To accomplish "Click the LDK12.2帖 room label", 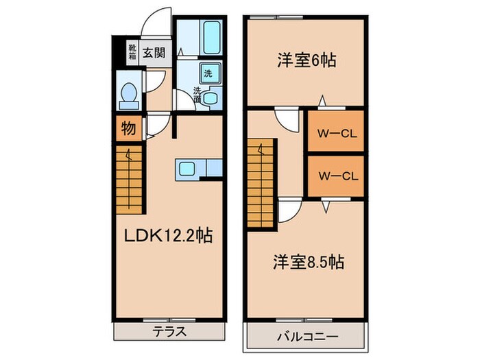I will coord(167,237).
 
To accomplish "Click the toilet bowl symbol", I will coord(126,95).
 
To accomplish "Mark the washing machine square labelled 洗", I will coord(208,73).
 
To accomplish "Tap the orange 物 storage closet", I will coord(128,128).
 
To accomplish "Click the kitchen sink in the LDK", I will coord(189,167).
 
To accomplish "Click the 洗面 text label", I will coord(197,95).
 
